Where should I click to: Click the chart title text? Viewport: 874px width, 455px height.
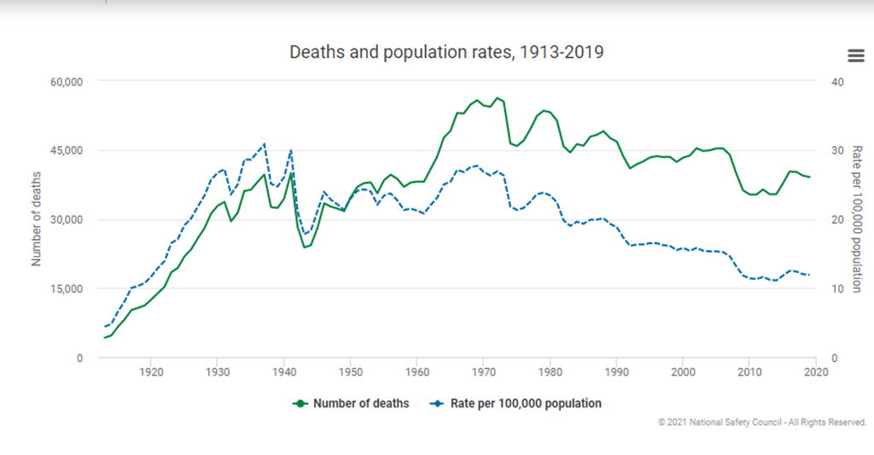[x=446, y=52]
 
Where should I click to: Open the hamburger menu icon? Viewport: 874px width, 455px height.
[x=855, y=55]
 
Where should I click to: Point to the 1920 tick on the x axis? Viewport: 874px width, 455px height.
[x=151, y=372]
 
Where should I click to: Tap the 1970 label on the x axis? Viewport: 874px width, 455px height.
[x=484, y=372]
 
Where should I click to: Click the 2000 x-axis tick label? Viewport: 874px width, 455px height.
[x=683, y=372]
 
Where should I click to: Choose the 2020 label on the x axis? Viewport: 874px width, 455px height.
[x=816, y=372]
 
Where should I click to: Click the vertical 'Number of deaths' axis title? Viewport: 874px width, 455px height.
[x=37, y=219]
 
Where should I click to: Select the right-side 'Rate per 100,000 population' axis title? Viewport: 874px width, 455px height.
[x=856, y=219]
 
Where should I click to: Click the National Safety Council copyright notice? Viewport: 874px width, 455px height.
[x=762, y=422]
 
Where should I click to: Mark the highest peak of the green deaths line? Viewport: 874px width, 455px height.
[x=498, y=97]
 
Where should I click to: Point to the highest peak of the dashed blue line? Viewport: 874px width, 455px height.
[x=265, y=143]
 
